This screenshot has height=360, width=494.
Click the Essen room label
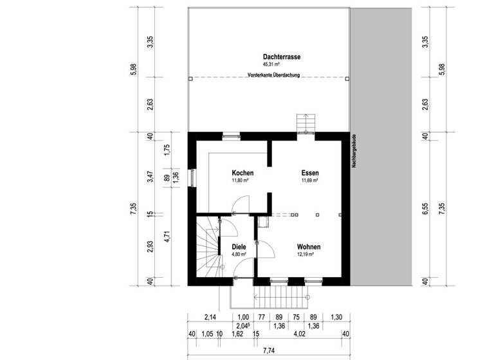pos(310,173)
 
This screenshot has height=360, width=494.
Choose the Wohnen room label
pos(309,247)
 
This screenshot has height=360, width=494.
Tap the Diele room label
pos(230,247)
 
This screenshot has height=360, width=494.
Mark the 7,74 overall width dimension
pos(268,352)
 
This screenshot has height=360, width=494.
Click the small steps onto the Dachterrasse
pos(304,123)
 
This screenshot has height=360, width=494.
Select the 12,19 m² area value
pos(305,255)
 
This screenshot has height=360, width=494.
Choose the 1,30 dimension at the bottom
pos(336,316)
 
